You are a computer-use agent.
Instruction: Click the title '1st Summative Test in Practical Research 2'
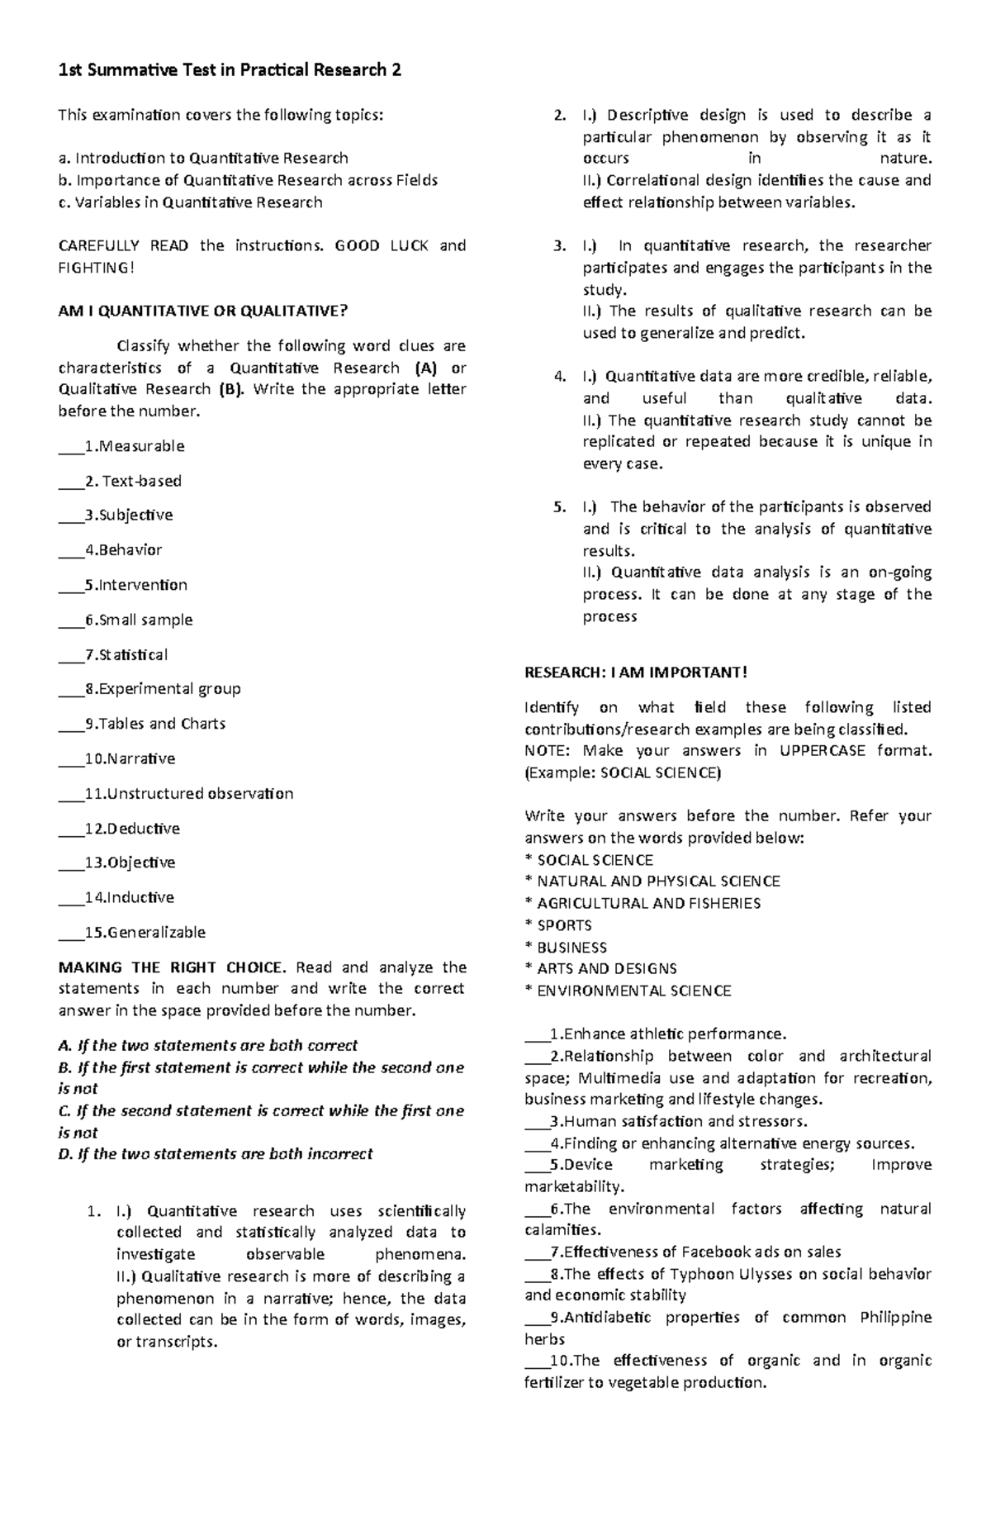(x=230, y=70)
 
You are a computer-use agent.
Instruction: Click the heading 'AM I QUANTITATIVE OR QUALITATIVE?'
(x=203, y=311)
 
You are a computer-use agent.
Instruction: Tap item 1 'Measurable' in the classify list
(x=140, y=446)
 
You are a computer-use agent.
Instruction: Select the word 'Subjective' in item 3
(x=136, y=515)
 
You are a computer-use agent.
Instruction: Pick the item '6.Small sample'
(x=139, y=620)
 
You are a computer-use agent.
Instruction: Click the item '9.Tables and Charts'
(x=155, y=724)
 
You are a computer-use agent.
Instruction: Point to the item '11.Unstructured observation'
(x=189, y=793)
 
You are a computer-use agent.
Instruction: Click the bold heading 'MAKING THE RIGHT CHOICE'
(x=172, y=967)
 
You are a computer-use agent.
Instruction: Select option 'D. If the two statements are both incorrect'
(x=216, y=1153)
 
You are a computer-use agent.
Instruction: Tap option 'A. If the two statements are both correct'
(x=208, y=1045)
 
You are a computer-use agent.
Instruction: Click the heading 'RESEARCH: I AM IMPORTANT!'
(x=635, y=672)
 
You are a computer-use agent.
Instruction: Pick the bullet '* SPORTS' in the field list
(x=558, y=925)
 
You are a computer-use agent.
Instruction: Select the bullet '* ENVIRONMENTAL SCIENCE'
(x=628, y=991)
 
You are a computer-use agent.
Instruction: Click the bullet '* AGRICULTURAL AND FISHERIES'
(x=642, y=903)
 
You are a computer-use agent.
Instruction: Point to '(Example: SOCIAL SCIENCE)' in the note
(x=623, y=772)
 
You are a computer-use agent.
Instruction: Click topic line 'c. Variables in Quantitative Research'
(x=190, y=202)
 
